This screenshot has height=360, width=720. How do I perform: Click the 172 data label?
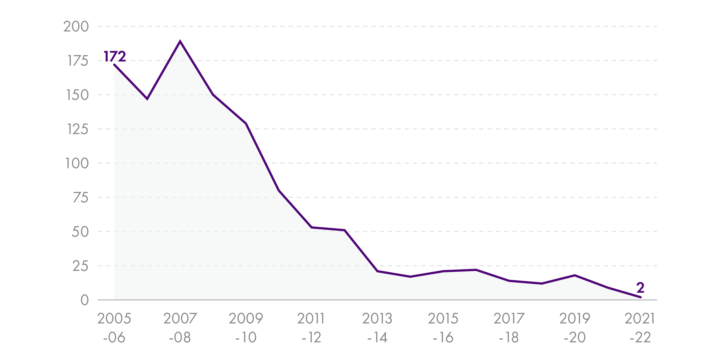click(x=114, y=56)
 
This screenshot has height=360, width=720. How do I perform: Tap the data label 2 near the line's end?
click(x=640, y=288)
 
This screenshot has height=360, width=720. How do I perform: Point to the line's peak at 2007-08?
click(x=180, y=41)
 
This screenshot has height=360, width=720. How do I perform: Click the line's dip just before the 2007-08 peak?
click(x=147, y=99)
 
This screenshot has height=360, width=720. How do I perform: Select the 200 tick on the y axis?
click(x=76, y=26)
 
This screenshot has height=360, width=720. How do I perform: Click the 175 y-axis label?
click(x=78, y=61)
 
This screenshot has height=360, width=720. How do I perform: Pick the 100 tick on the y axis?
click(x=77, y=164)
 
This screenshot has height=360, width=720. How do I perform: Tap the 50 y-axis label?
click(x=80, y=232)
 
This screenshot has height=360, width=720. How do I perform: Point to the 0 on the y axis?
click(x=84, y=300)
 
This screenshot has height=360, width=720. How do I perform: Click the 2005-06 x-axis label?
click(x=114, y=328)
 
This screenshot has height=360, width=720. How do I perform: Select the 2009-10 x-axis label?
click(x=246, y=328)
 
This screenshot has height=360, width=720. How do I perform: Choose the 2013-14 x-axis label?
click(x=377, y=328)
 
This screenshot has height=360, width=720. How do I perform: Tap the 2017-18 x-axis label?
click(x=509, y=328)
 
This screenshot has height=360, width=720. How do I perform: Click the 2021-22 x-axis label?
click(x=640, y=328)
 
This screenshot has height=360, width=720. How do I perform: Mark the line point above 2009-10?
click(x=246, y=124)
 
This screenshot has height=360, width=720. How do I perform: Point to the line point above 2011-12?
click(x=312, y=227)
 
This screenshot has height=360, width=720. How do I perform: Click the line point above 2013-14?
click(x=377, y=271)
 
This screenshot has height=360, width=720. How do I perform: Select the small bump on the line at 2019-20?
click(x=575, y=275)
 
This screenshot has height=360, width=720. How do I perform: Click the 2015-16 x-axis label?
click(x=443, y=328)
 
